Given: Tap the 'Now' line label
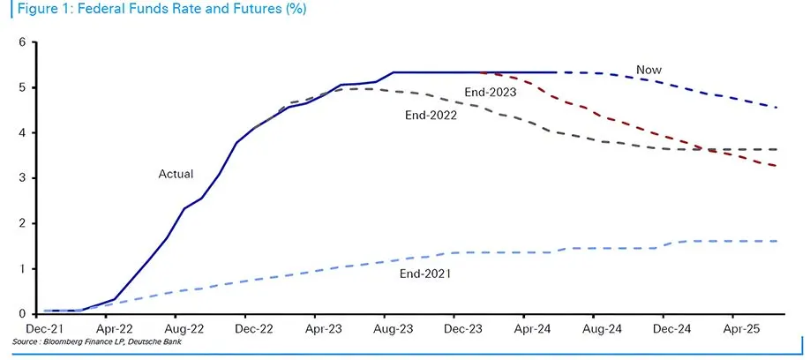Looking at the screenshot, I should click(x=649, y=70).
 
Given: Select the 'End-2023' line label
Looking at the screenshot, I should click(x=490, y=91).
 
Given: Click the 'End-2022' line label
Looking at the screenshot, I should click(x=431, y=115).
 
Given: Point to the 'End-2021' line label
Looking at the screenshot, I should click(x=426, y=274).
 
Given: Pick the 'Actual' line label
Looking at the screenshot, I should click(x=176, y=174).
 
